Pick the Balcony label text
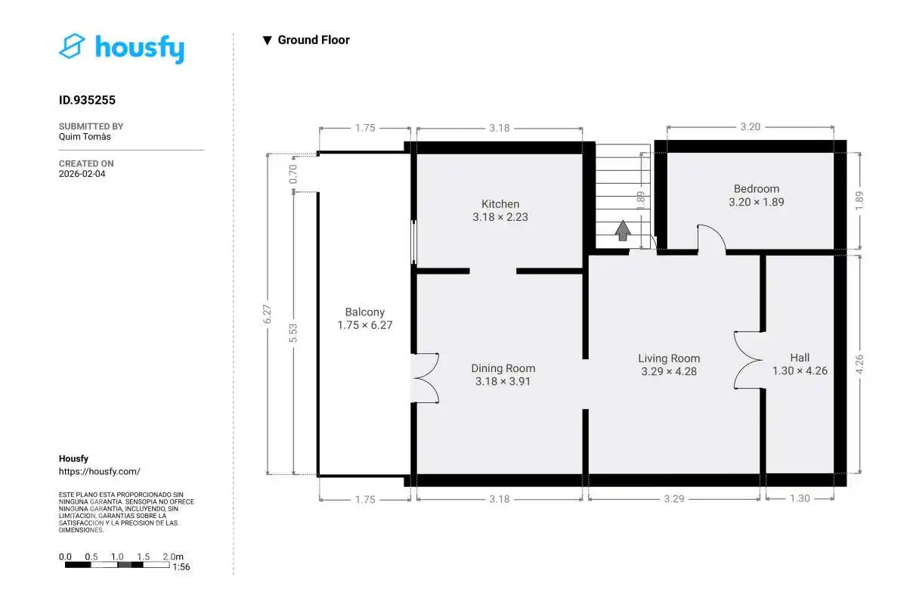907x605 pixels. (365, 312)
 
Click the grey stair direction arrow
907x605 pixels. (623, 231)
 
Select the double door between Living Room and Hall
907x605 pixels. (749, 360)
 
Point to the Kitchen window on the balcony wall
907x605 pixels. (413, 242)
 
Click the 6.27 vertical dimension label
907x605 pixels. (268, 314)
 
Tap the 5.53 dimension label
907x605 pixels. (293, 333)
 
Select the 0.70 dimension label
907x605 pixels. (293, 174)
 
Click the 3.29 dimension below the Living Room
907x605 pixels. (673, 499)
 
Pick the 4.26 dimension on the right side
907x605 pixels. (859, 365)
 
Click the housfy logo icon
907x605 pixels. (72, 46)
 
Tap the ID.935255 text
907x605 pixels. (87, 100)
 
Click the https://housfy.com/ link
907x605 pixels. (100, 471)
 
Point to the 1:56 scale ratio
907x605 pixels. (181, 567)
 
